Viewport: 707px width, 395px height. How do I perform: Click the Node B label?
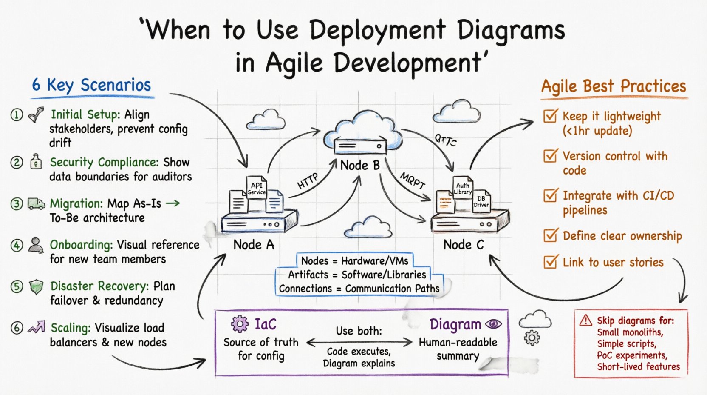(x=359, y=165)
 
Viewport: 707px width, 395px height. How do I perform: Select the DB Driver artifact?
(x=481, y=201)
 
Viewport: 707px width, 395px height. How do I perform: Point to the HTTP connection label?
(x=308, y=181)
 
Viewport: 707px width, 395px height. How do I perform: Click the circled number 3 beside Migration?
(x=17, y=204)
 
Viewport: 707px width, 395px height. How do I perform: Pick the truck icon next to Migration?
(x=36, y=204)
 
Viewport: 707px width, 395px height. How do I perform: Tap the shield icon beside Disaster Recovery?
(x=36, y=287)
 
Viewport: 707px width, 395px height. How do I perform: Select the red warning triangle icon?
(x=585, y=320)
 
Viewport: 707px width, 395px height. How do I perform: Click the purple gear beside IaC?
(x=240, y=324)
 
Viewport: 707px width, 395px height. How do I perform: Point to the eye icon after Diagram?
(x=493, y=324)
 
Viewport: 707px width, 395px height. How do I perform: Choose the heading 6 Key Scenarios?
(x=91, y=85)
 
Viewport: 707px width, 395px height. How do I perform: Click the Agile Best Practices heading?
(x=613, y=86)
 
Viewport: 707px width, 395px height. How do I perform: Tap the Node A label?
(x=254, y=245)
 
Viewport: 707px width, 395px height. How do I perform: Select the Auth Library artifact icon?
(x=462, y=188)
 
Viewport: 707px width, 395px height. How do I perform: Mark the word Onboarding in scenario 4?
(x=81, y=245)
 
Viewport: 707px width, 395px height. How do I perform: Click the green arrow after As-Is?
(x=173, y=203)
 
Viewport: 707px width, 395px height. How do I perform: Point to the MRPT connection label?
(x=412, y=181)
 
